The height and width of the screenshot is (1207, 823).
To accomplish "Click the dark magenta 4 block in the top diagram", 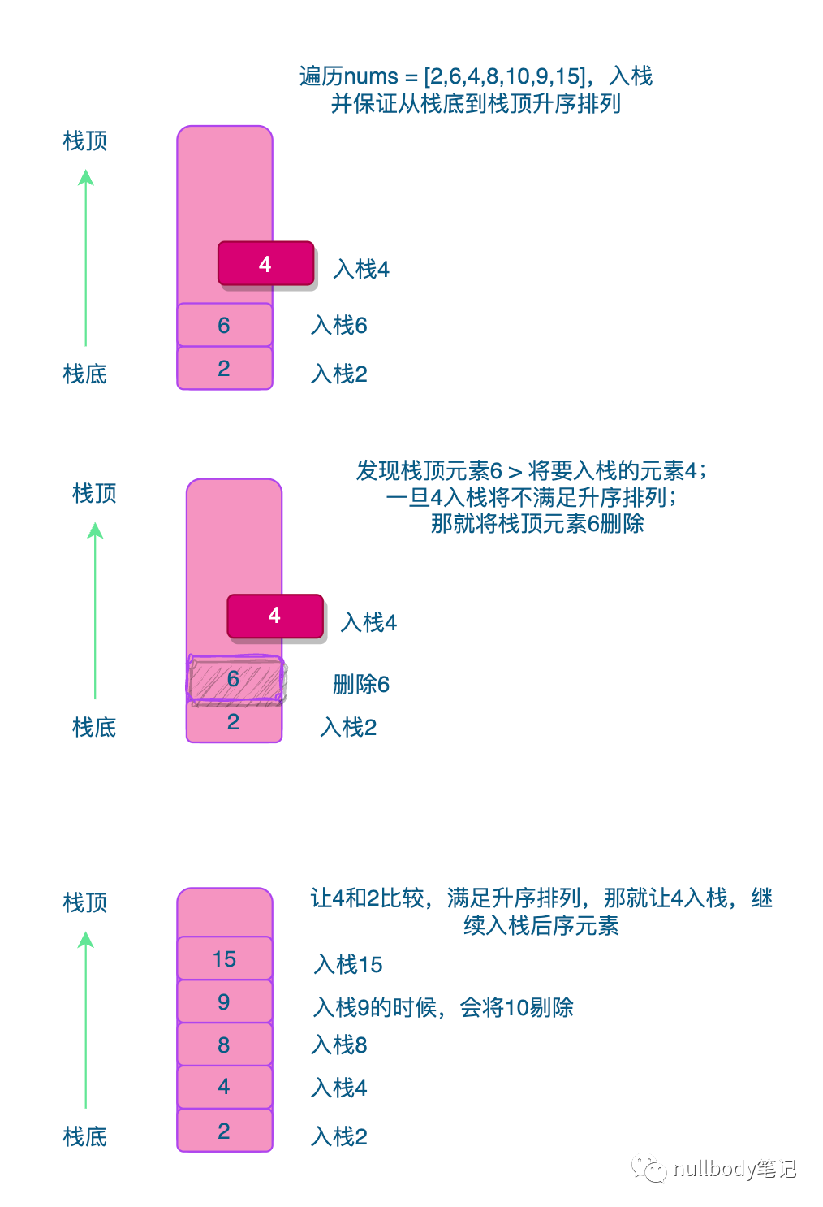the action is coord(266,263).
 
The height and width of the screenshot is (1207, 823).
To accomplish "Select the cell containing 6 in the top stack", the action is coord(225,325).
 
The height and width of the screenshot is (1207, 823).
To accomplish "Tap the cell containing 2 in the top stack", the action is coord(225,368).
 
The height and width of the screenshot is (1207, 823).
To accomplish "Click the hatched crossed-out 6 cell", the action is coord(235,679).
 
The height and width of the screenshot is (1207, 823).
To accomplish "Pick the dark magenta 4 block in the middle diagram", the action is coord(275,616).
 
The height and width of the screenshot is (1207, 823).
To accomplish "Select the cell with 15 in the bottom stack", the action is coord(225,958).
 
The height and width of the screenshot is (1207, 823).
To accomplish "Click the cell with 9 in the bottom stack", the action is coord(225,1002).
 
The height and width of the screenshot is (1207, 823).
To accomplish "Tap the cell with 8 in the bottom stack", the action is coord(225,1045).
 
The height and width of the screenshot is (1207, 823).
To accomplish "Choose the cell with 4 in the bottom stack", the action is coord(225,1088).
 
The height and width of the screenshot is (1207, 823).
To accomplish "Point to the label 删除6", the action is coord(360,685).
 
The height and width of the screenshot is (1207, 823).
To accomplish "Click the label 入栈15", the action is coord(347,964).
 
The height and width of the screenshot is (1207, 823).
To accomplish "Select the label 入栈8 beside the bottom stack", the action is coord(339,1045).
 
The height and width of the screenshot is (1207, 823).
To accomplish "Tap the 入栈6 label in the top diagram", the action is coord(339,326).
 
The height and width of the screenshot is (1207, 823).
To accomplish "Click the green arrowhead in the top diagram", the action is coord(86,178).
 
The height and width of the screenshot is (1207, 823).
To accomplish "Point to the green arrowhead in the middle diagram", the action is coord(95,530).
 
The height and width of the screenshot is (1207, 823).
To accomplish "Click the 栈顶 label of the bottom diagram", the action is coord(85,902).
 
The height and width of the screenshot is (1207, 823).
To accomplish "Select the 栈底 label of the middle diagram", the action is coord(94,728).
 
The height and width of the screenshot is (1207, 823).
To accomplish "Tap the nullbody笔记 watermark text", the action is coord(735,1168).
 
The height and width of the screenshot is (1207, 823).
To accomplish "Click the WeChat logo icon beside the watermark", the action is coord(649,1168).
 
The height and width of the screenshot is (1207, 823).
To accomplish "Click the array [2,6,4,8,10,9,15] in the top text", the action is coord(505,76).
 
